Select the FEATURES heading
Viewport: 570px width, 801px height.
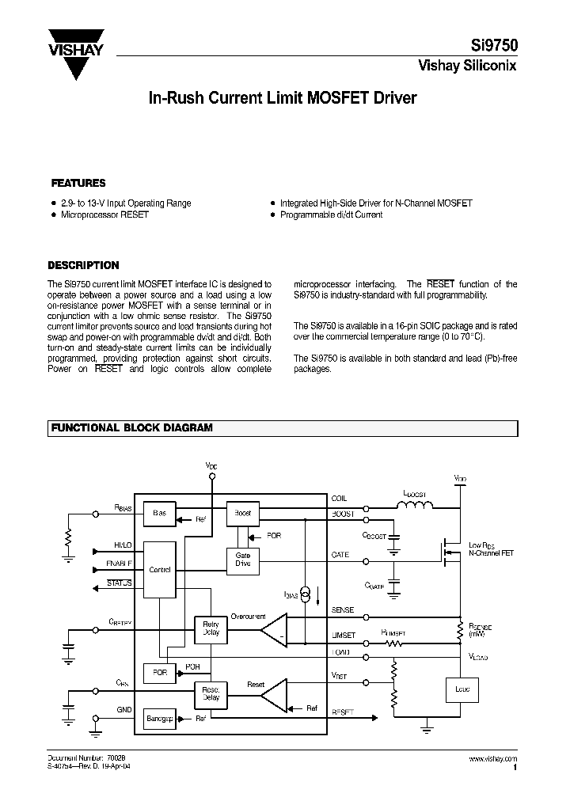78,183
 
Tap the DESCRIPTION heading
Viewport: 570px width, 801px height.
83,266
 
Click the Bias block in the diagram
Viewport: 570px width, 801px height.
160,513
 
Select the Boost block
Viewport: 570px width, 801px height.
242,513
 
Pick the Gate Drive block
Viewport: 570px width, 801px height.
242,559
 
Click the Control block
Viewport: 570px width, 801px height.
160,570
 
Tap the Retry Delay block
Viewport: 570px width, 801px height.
211,629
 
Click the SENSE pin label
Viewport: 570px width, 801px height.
344,610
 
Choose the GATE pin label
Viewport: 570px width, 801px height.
340,556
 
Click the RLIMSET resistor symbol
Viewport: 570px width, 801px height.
393,643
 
